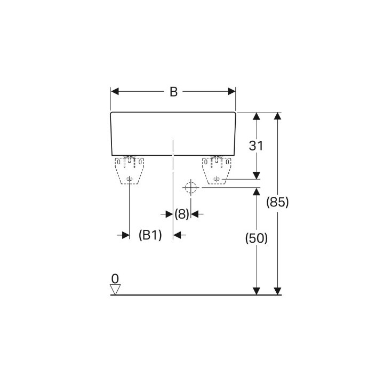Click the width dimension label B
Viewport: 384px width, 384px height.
[x=173, y=92]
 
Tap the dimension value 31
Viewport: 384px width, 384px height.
[x=256, y=146]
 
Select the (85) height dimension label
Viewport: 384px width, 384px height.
[x=277, y=202]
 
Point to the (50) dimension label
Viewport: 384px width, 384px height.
[x=257, y=238]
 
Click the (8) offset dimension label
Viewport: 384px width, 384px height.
[x=182, y=214]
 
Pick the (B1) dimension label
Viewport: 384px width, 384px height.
[x=150, y=235]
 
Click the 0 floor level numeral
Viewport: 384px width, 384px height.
[x=115, y=279]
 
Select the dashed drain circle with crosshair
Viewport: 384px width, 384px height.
[x=191, y=188]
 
